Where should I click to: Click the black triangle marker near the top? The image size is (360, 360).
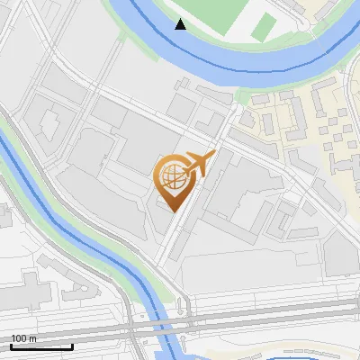pyautogui.click(x=181, y=24)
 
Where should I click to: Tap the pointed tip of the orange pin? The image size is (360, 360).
pyautogui.click(x=172, y=211)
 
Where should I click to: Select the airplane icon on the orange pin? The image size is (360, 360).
pyautogui.click(x=199, y=164)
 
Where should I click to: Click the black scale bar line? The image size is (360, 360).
pyautogui.click(x=41, y=346)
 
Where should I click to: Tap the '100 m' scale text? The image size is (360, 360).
pyautogui.click(x=23, y=338)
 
